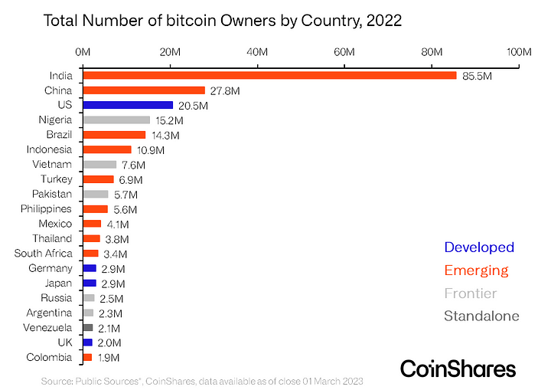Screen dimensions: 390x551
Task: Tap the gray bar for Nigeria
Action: click(116, 120)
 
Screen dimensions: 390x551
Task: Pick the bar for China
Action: click(144, 90)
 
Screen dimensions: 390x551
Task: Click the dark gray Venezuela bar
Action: click(88, 327)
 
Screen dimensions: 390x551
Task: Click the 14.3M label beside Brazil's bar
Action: click(165, 135)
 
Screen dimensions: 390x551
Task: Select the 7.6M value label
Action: click(135, 165)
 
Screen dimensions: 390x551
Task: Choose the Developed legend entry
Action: click(479, 247)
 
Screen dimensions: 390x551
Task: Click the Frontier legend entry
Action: click(471, 293)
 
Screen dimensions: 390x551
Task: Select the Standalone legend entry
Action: click(481, 316)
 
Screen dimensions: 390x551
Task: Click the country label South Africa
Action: click(44, 254)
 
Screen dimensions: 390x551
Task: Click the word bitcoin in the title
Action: click(187, 21)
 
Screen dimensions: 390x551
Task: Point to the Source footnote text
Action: click(202, 381)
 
